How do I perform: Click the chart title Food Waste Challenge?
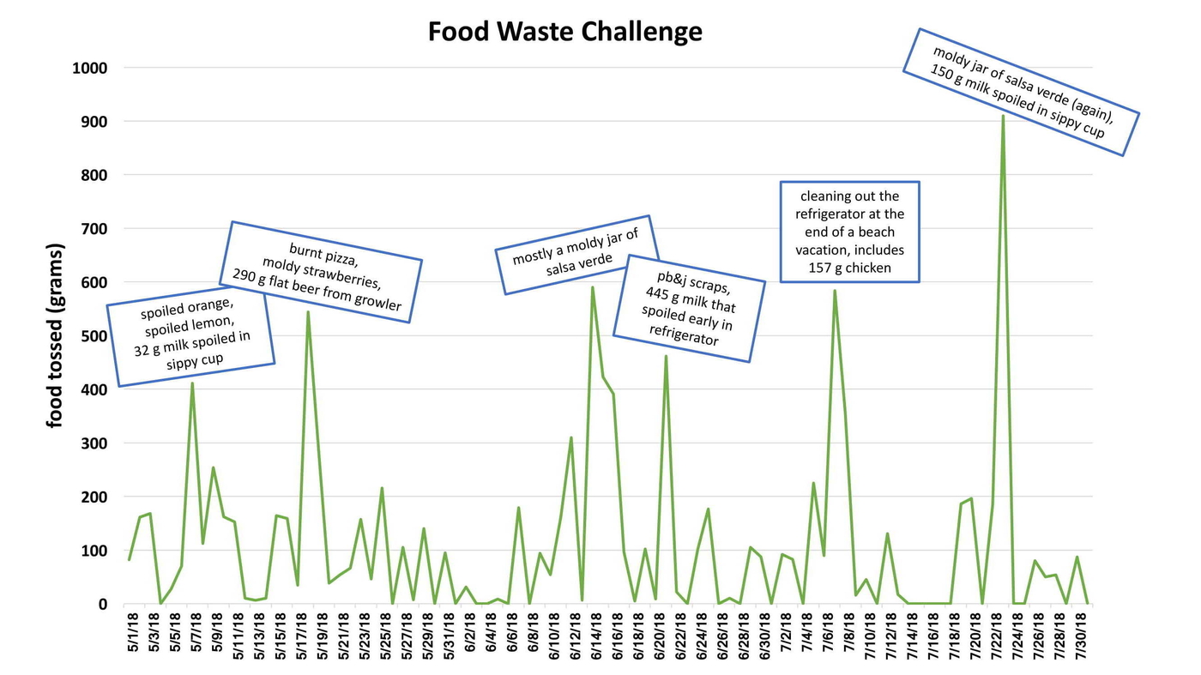[x=564, y=32]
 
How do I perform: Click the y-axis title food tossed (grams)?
[x=56, y=335]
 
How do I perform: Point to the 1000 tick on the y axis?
[x=90, y=68]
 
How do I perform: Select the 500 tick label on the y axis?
[x=96, y=336]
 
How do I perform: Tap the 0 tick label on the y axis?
[x=103, y=605]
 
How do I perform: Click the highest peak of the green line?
[x=1003, y=116]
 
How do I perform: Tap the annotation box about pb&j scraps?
[x=689, y=308]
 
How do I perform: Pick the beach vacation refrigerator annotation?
[x=849, y=232]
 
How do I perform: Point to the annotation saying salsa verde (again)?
[x=1021, y=93]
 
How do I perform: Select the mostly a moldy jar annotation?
[x=576, y=255]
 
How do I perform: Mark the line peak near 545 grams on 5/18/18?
[x=308, y=312]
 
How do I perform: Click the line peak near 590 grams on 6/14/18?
[x=592, y=287]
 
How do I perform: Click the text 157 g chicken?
[x=849, y=268]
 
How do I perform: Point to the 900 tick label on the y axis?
[x=96, y=122]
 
